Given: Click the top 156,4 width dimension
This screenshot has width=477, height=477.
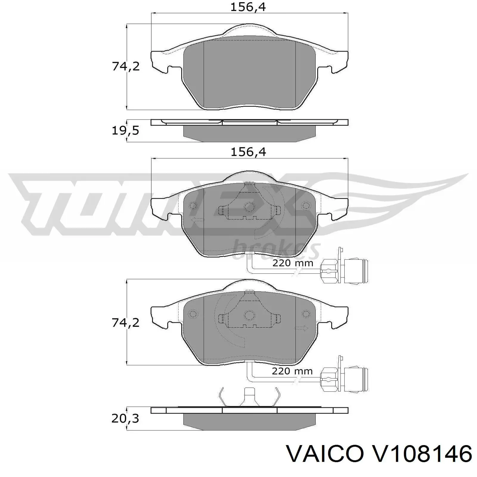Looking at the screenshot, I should [248, 7].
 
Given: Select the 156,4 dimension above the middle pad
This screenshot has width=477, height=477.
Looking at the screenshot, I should [248, 152].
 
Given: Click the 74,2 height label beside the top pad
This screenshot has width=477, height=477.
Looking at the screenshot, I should [126, 66].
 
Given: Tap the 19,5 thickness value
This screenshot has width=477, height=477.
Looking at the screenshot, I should [125, 131].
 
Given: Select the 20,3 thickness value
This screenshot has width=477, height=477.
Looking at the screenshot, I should [125, 419].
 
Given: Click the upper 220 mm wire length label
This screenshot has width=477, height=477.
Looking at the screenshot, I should [293, 263].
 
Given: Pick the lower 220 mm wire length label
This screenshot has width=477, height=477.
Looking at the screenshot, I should [292, 371].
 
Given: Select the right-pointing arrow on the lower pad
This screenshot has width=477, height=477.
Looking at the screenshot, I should [301, 328].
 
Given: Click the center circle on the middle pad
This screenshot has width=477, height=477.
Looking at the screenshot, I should [249, 207].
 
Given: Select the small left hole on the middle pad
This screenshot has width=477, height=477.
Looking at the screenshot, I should [193, 205].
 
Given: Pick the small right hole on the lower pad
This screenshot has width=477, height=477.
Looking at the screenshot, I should [306, 314].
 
